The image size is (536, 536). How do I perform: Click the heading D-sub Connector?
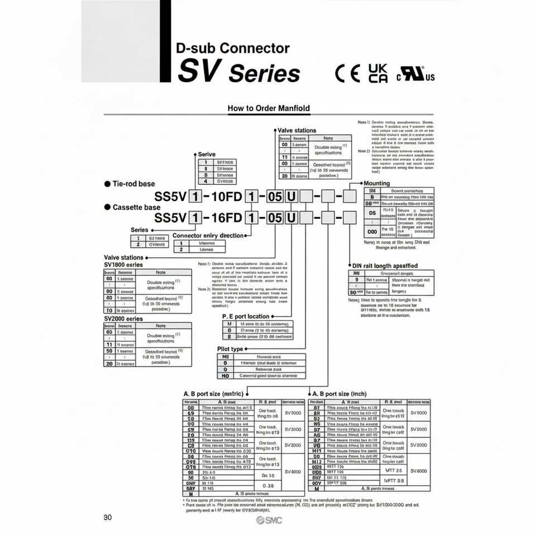point(232,49)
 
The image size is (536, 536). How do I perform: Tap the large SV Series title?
point(239,72)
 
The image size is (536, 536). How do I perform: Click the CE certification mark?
point(348,73)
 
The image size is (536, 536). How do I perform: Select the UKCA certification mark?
point(378,73)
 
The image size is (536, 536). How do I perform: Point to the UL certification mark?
point(415,75)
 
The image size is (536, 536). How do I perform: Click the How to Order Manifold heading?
point(269,108)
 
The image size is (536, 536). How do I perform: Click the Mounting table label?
point(376,183)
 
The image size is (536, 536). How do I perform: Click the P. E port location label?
point(246,316)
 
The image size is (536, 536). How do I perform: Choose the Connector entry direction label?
point(208,236)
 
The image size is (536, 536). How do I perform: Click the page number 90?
point(108,517)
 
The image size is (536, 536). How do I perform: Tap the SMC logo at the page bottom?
point(269,520)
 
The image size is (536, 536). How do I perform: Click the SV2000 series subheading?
point(123,319)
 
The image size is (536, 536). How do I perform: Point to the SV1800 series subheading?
point(123,264)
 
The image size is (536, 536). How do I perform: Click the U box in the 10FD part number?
point(291,197)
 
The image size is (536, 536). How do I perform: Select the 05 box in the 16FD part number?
point(274,218)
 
